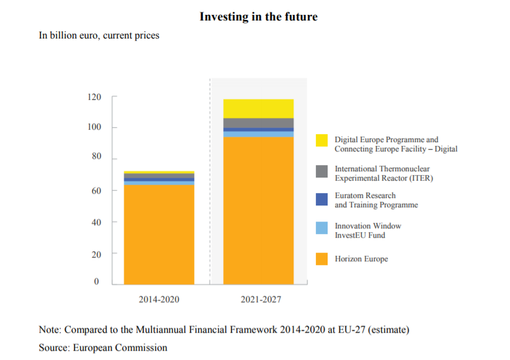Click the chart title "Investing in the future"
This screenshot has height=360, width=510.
tap(259, 17)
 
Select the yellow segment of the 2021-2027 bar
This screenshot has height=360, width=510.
tap(258, 109)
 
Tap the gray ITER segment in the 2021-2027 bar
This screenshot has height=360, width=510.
tap(258, 123)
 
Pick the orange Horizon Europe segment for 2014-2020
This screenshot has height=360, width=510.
tap(159, 235)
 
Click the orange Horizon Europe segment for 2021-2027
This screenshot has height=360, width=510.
tap(258, 210)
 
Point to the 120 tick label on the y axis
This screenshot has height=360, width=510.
tap(94, 97)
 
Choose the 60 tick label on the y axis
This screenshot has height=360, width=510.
tap(96, 191)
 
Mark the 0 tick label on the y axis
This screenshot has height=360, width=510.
tap(96, 281)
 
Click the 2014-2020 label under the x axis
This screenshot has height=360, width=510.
tap(159, 299)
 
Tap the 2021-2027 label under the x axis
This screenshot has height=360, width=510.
tap(261, 299)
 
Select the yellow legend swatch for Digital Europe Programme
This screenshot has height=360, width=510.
tap(321, 140)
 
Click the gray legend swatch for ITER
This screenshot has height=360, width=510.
tap(321, 171)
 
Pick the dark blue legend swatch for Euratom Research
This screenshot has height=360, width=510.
tap(321, 199)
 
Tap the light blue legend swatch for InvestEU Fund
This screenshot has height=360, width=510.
tap(321, 228)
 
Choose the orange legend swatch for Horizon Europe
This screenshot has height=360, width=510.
tap(321, 259)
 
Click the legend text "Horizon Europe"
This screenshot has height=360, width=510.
tap(361, 259)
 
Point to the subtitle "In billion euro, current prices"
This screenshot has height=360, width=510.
tap(99, 35)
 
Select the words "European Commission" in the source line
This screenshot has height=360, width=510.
tap(120, 348)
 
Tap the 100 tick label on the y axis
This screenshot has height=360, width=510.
tap(94, 127)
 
